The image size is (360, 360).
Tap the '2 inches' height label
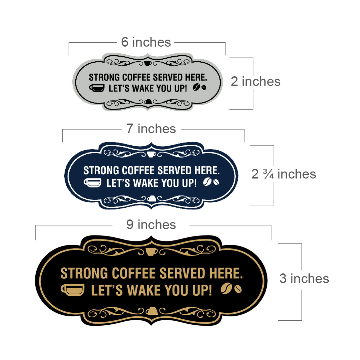[255, 82]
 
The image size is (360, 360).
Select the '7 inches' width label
[151, 129]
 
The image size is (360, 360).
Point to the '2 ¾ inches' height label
[283, 174]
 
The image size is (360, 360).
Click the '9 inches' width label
[151, 224]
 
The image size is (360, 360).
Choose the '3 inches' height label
[304, 278]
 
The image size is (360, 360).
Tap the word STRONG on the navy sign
[101, 171]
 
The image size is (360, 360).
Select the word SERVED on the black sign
[182, 273]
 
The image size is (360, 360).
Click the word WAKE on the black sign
[144, 290]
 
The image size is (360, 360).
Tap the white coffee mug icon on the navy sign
[93, 183]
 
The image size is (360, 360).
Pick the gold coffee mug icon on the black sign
[73, 290]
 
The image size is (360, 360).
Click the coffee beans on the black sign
[231, 288]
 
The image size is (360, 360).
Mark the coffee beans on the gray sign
[199, 87]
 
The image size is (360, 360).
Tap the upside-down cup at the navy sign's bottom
[152, 198]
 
